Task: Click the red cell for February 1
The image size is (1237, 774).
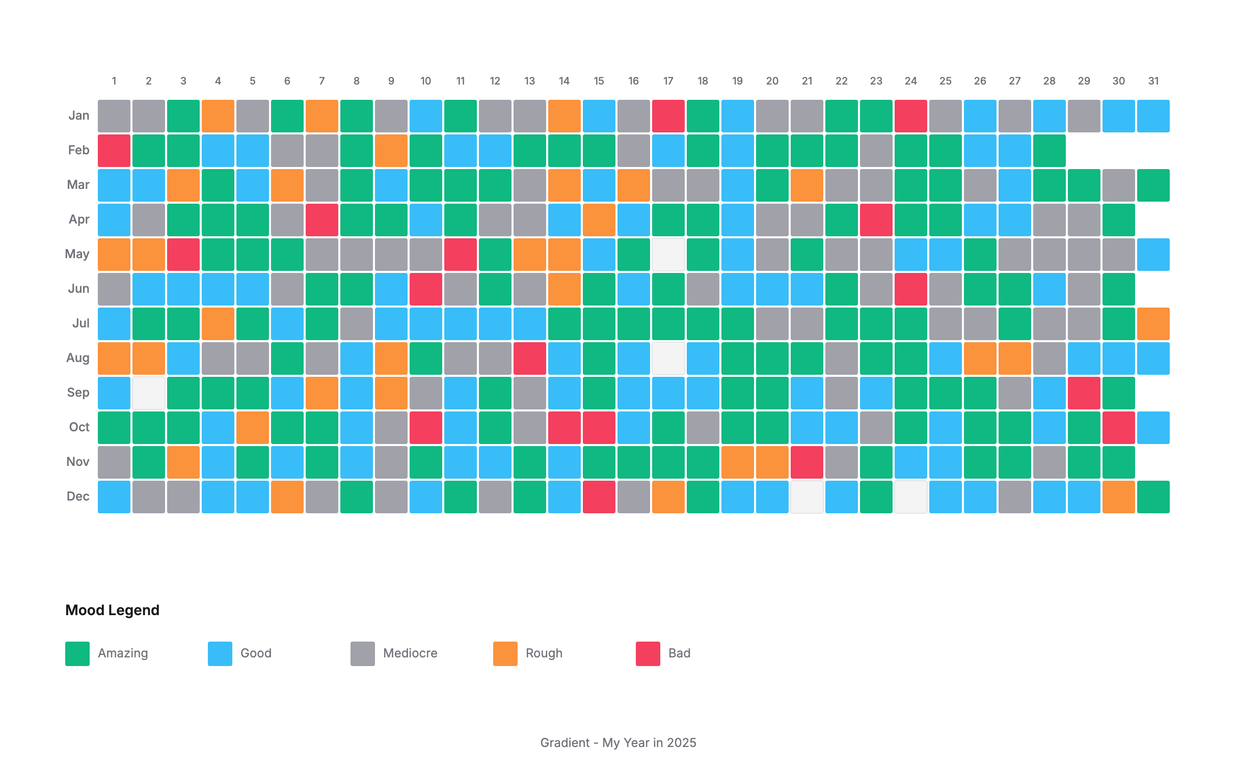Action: pos(114,151)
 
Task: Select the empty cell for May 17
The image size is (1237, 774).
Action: pos(668,255)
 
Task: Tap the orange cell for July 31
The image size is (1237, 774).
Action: pos(1153,323)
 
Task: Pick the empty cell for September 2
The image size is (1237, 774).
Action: pos(148,393)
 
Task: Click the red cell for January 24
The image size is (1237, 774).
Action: pos(910,116)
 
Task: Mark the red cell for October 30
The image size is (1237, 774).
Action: pos(1118,427)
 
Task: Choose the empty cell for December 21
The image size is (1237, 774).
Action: pos(806,496)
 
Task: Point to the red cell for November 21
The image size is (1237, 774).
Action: pos(806,462)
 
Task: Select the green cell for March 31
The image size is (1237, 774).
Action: pos(1153,185)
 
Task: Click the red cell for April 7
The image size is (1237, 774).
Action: pos(321,219)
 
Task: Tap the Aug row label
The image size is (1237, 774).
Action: pos(78,358)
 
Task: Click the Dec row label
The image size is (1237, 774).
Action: pos(78,496)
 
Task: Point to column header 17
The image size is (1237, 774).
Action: pos(668,81)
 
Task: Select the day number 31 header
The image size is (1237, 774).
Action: pos(1153,81)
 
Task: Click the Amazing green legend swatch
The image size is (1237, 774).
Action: pos(77,653)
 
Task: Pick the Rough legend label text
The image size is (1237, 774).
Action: pos(544,653)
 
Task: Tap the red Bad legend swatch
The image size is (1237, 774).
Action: pos(648,653)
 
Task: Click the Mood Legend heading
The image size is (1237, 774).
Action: pos(112,610)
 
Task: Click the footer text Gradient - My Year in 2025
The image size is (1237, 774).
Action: pos(618,742)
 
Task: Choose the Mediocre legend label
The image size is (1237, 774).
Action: pos(410,653)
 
